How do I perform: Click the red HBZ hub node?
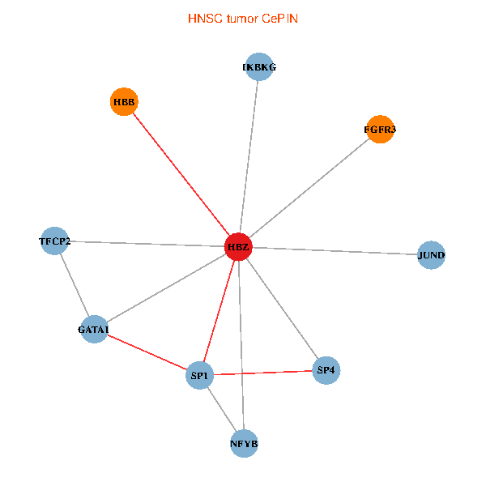point(238,247)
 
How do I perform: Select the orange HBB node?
point(124,102)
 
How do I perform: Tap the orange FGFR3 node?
point(380,130)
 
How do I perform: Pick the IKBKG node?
point(259,66)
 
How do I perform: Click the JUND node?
point(431,255)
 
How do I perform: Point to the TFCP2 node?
point(54,241)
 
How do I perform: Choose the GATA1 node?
point(94,329)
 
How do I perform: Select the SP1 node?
point(199,375)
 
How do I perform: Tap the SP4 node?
point(326,370)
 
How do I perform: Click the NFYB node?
point(245,444)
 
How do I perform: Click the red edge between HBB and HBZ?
point(181,174)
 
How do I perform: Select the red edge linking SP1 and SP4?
point(262,373)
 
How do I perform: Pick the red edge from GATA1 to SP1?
point(147,352)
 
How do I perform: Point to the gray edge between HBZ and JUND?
point(335,251)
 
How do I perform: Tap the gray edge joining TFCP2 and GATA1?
point(75,285)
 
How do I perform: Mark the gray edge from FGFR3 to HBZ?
point(309,188)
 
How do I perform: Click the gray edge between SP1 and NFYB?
point(222,409)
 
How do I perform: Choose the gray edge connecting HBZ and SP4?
point(283,309)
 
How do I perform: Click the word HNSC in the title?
point(205,19)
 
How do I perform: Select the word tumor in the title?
point(242,19)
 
